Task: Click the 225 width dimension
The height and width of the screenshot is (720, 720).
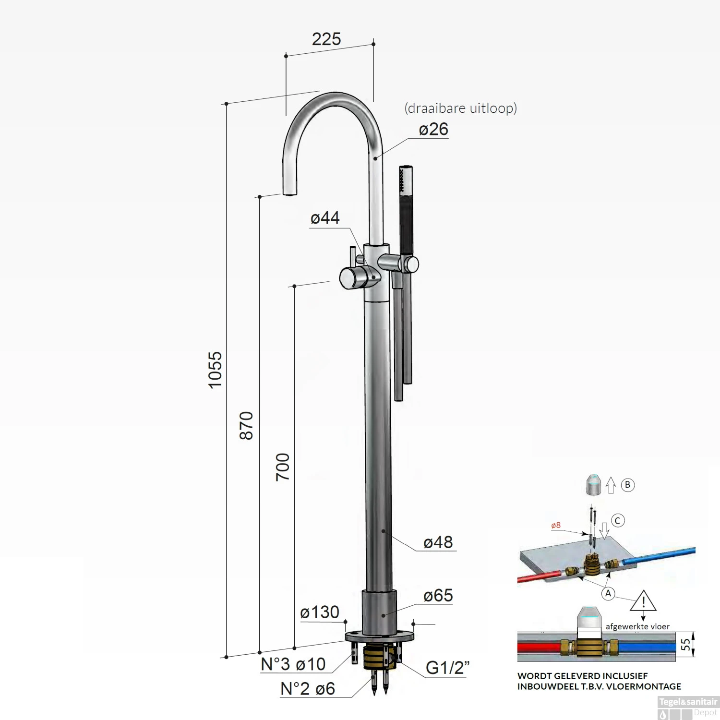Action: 326,39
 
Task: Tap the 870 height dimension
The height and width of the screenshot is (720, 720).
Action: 246,425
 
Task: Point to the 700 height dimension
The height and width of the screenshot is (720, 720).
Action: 283,467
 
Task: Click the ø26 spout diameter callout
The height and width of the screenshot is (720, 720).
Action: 433,129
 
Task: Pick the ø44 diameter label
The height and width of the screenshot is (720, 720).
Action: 325,218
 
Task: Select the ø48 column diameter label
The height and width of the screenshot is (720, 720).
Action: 438,542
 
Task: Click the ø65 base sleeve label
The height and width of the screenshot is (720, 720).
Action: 438,595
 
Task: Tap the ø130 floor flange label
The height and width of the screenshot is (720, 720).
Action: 320,612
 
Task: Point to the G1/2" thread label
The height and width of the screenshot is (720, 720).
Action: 447,668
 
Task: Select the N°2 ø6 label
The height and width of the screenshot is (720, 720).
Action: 308,689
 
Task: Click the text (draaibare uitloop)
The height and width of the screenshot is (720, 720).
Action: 461,108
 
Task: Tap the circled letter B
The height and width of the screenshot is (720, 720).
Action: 627,485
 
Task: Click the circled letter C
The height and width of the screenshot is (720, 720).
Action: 618,520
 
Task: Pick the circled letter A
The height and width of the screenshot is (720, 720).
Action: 608,593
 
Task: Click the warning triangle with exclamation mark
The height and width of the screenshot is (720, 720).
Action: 643,601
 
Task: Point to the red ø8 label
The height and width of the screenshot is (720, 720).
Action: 555,525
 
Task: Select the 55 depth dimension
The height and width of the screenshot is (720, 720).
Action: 687,644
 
